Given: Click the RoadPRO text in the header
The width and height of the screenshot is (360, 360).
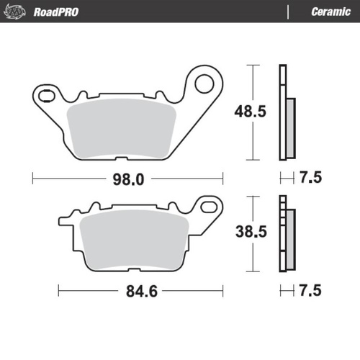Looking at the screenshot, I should click(x=56, y=12).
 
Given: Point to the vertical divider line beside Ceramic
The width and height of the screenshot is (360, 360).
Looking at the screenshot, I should click(x=288, y=12).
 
